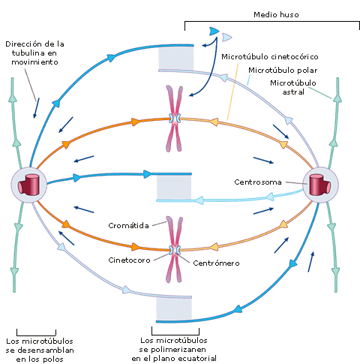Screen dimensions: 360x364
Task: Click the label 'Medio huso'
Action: click(x=276, y=14)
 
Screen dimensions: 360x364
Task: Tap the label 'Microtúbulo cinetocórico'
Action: click(x=270, y=57)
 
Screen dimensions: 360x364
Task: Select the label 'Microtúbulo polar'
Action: click(x=283, y=71)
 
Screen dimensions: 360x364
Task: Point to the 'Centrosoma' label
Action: click(x=258, y=182)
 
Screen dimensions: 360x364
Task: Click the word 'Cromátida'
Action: click(x=128, y=225)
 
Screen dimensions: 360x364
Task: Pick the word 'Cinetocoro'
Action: click(x=129, y=260)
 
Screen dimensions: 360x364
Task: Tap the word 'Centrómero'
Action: click(x=216, y=263)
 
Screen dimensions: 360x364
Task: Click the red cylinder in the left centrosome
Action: click(x=29, y=185)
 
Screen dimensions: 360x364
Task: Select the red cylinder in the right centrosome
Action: click(x=320, y=185)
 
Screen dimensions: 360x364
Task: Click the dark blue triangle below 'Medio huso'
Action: click(x=214, y=32)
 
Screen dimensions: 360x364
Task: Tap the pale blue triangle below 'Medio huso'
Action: click(x=226, y=38)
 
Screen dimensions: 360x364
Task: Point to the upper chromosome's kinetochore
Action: click(x=175, y=119)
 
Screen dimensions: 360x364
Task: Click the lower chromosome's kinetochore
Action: click(x=175, y=249)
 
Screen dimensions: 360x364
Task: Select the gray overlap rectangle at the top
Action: click(x=176, y=59)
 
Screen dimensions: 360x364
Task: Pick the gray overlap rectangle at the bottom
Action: click(x=174, y=309)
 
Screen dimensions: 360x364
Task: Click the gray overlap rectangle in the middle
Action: click(x=174, y=187)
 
